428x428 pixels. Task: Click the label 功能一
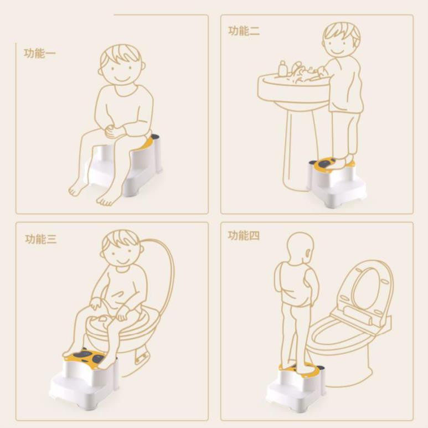click(x=40, y=53)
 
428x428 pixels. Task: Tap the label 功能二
click(x=244, y=31)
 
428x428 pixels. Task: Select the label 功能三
click(x=41, y=239)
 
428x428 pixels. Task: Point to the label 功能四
click(x=244, y=235)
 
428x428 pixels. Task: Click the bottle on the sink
click(x=282, y=69)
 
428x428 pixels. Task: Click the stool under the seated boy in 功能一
click(x=124, y=167)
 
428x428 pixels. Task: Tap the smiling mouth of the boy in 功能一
click(x=122, y=79)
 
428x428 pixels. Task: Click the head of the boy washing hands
click(x=341, y=39)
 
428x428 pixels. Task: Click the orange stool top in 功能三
click(x=85, y=356)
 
